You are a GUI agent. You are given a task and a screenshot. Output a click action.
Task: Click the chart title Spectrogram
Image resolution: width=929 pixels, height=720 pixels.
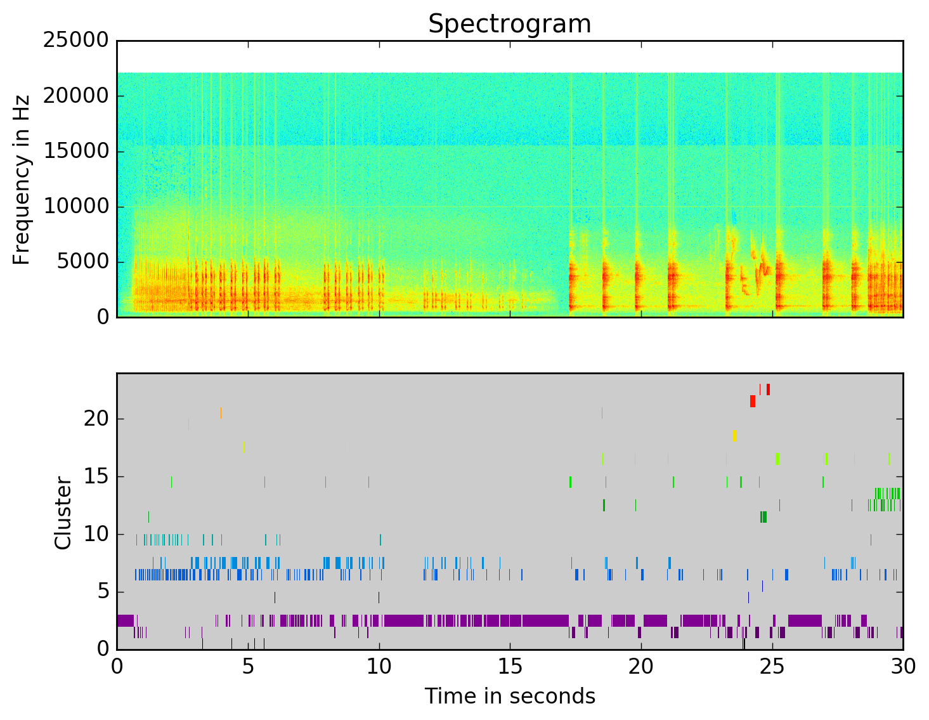pos(509,24)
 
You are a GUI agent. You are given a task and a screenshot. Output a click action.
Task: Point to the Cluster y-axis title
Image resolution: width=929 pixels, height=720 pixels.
pos(63,513)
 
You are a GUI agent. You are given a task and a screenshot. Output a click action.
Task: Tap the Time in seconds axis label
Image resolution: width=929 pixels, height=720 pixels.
pos(510,696)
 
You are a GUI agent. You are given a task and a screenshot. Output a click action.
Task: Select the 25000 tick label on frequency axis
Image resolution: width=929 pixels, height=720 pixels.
pos(76,41)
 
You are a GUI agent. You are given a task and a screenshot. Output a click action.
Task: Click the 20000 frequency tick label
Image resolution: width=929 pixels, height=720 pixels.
pos(76,96)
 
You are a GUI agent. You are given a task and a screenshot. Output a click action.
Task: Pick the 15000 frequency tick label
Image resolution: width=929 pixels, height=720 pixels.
pos(76,151)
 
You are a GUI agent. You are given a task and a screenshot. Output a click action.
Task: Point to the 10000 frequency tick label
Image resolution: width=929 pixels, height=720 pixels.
pos(76,206)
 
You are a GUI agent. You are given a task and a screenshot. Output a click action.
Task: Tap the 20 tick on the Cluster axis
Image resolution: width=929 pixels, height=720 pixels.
pos(96,419)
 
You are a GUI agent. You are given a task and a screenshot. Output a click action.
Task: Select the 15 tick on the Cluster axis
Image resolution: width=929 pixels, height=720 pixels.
pos(96,476)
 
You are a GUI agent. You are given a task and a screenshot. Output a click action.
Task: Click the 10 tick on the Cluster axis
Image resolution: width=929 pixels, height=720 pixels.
pos(96,534)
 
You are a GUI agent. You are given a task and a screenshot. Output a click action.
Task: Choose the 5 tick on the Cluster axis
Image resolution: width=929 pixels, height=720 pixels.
pos(103,592)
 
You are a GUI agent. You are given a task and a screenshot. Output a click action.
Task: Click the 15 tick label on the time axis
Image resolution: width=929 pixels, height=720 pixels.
pos(510,667)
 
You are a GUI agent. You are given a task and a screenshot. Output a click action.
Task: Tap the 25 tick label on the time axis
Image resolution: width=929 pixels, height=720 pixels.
pos(772,667)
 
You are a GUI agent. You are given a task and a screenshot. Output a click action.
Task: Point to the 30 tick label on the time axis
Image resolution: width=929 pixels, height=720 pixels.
pos(903,667)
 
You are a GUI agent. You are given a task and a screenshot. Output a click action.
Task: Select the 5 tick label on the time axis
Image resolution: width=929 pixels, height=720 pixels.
pos(248,667)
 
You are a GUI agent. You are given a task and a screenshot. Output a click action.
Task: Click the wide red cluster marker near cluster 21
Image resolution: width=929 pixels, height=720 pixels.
pos(753,401)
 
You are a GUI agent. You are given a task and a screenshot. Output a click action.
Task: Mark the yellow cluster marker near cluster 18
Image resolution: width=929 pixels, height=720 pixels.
pos(734,435)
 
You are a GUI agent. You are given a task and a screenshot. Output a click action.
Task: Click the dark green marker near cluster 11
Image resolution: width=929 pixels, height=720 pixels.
pos(763,517)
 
